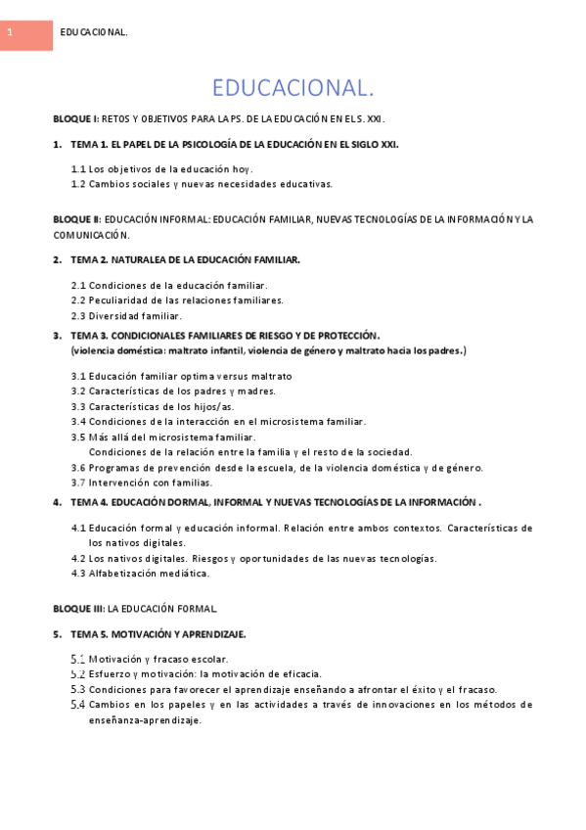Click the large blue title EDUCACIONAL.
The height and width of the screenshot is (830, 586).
[293, 89]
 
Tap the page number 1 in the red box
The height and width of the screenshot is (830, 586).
[9, 33]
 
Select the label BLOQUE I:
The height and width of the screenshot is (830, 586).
[75, 118]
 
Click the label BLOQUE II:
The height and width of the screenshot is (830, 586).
[76, 219]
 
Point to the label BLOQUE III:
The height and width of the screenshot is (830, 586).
[78, 608]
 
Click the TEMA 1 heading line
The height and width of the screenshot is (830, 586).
[234, 144]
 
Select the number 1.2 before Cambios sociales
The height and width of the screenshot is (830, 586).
[78, 183]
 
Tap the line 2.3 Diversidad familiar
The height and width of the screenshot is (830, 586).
[126, 315]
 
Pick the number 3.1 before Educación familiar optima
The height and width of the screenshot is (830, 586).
[78, 376]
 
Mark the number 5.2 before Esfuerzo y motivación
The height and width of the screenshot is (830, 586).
[78, 673]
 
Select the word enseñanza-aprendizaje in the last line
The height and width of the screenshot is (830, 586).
[145, 719]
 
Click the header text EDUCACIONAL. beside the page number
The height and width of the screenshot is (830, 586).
[94, 33]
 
